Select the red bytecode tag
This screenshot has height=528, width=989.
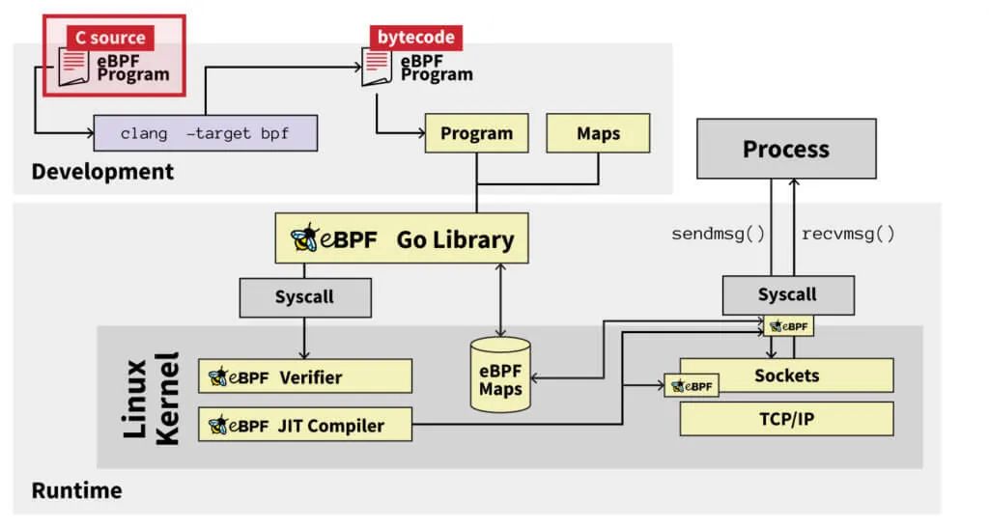point(416,38)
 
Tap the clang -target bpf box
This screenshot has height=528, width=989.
point(205,133)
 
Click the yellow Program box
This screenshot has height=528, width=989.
point(476,133)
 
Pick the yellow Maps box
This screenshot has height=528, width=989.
point(598,133)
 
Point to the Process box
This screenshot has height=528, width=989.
point(785,149)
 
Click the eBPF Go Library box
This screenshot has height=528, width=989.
point(401,237)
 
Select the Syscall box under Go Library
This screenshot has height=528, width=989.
point(304,296)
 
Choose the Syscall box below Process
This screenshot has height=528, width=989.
point(787,293)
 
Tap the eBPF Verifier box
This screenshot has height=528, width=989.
point(304,375)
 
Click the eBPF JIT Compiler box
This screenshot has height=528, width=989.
point(304,424)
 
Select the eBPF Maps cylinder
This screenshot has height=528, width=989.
point(500,375)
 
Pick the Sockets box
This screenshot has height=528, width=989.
point(786,375)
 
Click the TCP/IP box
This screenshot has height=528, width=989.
point(786,418)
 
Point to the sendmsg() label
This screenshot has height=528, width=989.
point(717,234)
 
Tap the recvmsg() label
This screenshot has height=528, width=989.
point(849,234)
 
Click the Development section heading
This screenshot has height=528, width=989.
point(102,172)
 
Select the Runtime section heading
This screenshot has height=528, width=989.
point(76,489)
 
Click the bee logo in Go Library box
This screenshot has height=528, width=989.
point(306,237)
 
